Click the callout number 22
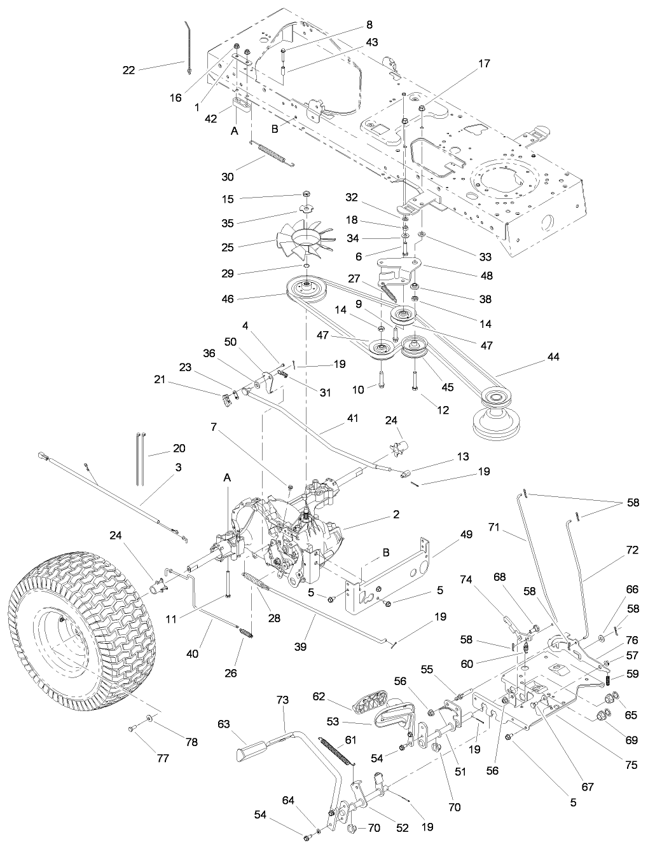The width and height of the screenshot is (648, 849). pos(128,70)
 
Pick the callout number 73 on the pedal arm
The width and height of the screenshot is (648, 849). pos(282,700)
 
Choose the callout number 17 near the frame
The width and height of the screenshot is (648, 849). pos(485,64)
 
